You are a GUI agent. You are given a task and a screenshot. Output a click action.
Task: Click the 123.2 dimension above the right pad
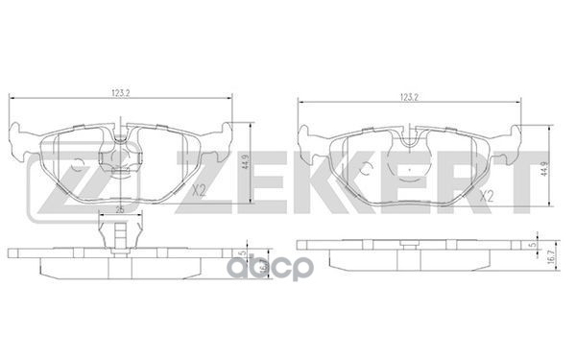410,97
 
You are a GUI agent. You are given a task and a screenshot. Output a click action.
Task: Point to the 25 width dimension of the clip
120,209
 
